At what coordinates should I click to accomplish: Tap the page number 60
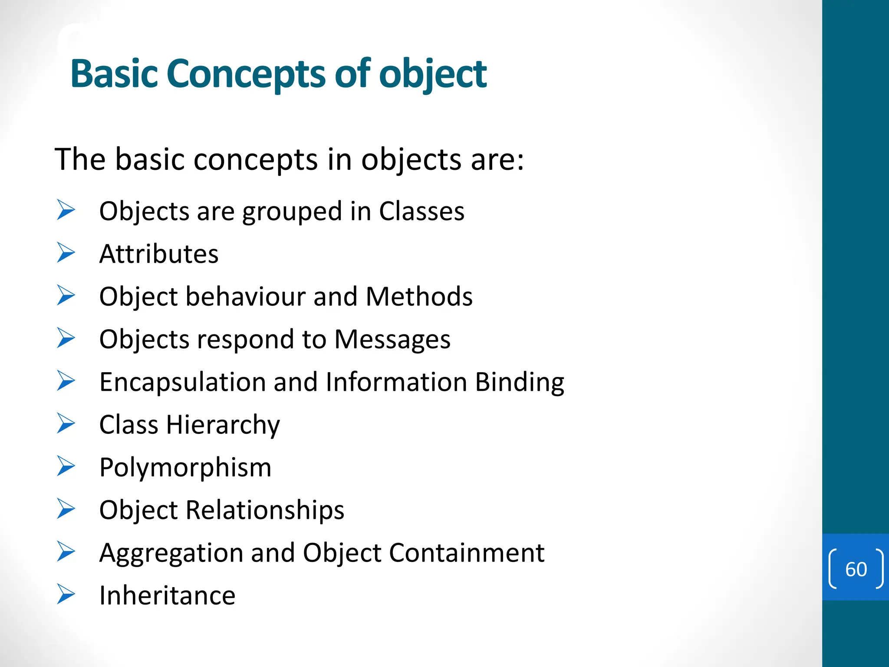[x=856, y=569]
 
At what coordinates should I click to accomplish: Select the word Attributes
[x=159, y=254]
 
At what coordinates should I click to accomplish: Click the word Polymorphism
[x=185, y=468]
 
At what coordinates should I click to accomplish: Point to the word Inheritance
[x=167, y=595]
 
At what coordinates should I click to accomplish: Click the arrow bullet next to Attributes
[x=66, y=253]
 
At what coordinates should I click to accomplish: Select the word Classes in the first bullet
[x=421, y=211]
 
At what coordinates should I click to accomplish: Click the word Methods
[x=419, y=297]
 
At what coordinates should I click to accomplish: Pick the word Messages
[x=392, y=339]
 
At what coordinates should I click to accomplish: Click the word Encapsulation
[x=182, y=383]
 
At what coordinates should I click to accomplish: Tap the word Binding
[x=519, y=383]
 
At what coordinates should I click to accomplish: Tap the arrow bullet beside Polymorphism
[x=66, y=466]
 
